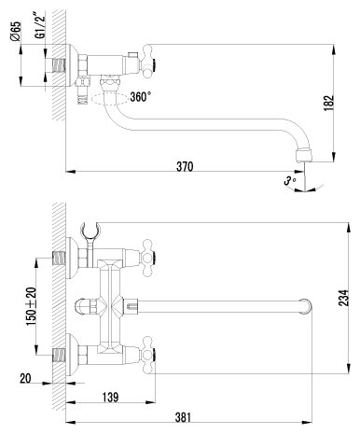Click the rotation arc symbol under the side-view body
pyautogui.click(x=110, y=94)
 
